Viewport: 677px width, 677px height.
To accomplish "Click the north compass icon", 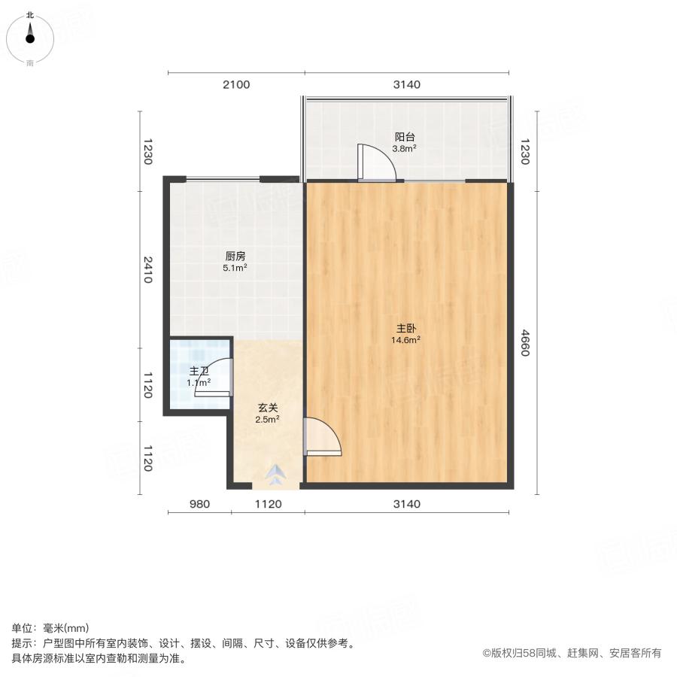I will point(29,35).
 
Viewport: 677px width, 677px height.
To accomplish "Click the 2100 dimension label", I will point(235,84).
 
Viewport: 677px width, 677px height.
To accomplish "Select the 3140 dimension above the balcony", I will point(406,84).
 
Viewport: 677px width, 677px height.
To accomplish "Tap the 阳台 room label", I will point(405,138).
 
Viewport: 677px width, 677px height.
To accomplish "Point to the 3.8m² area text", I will point(405,149).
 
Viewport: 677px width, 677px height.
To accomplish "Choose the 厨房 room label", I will point(235,256).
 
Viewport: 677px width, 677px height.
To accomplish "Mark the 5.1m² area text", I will point(235,267).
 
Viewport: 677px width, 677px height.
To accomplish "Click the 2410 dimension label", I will point(148,270).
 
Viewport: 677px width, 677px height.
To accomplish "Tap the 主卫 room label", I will point(199,371).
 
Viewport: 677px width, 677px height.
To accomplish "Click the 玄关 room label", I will point(267,408).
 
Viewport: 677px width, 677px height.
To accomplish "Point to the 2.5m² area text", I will point(267,420).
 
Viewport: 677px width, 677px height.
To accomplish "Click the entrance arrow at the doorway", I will point(277,474).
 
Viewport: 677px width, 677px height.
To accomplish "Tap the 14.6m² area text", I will point(405,340).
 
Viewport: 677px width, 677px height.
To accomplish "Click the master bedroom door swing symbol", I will point(321,437).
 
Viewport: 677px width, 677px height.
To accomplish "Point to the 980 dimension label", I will point(199,504).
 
